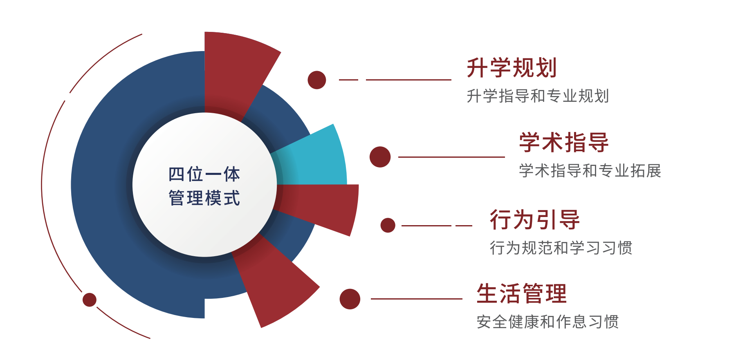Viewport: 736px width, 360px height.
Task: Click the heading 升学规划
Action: pos(512,68)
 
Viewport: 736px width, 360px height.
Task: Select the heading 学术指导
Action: pos(564,142)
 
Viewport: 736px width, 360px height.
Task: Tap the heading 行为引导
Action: pos(535,219)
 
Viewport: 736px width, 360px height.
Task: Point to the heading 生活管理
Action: pos(522,293)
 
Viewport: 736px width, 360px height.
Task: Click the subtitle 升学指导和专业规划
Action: pos(538,96)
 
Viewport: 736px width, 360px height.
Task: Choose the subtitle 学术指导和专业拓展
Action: pos(590,171)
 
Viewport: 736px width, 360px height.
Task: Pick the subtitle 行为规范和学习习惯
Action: pos(561,248)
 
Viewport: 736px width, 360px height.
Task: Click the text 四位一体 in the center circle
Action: pos(204,174)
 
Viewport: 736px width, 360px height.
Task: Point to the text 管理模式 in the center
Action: pos(204,198)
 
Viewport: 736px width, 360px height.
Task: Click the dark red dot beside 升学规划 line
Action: pos(317,80)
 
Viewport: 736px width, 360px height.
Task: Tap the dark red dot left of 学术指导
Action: pos(380,157)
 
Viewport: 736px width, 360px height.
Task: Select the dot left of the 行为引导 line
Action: pos(388,225)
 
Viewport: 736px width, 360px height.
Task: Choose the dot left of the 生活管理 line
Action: pos(350,299)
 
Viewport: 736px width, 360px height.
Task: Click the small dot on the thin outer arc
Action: pos(90,300)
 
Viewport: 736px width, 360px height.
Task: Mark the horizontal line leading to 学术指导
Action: pos(451,157)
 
